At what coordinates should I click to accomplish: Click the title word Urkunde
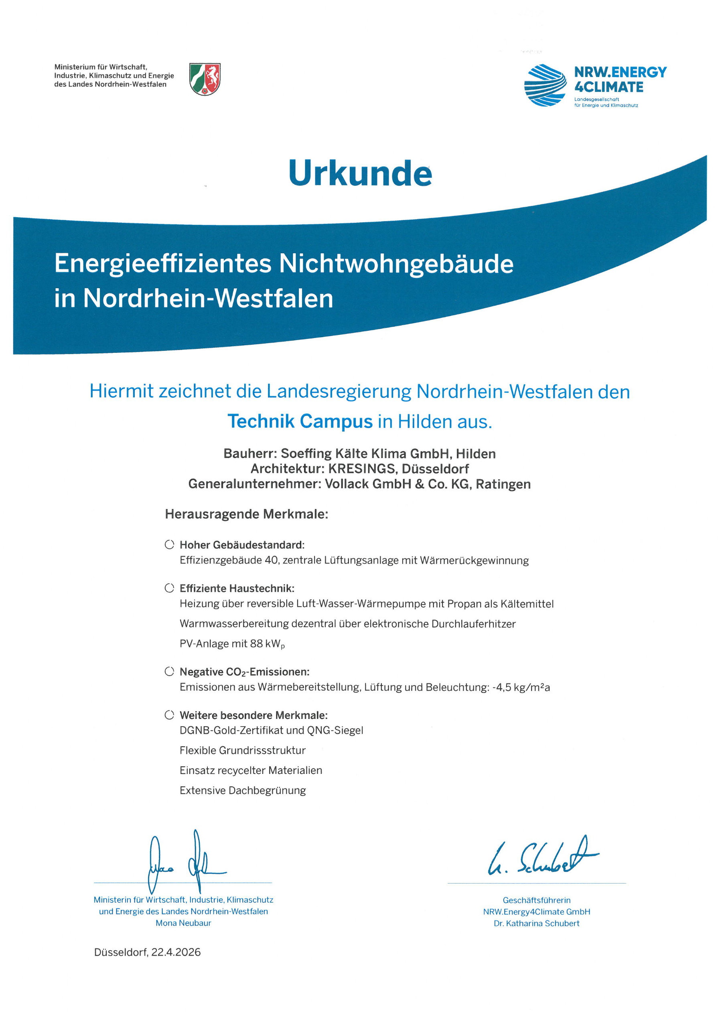[360, 173]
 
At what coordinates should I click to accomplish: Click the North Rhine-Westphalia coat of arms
[205, 79]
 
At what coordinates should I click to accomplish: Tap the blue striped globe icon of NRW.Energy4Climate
[545, 85]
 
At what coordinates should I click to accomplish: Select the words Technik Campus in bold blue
[300, 421]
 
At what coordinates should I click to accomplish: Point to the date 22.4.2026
[176, 952]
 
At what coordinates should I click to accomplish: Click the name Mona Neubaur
[183, 923]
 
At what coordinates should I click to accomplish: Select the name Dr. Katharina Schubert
[537, 923]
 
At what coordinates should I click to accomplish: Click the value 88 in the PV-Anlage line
[256, 643]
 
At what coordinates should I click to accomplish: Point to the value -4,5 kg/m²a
[521, 687]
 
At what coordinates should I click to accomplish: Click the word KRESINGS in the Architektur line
[362, 469]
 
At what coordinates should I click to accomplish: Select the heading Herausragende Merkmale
[246, 514]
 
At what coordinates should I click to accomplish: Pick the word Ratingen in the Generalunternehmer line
[503, 484]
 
